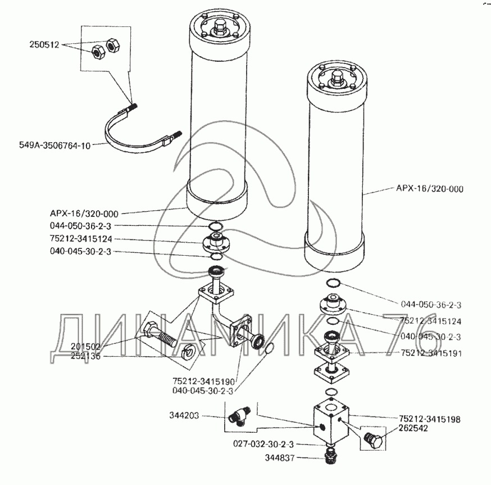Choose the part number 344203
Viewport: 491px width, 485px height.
pos(183,416)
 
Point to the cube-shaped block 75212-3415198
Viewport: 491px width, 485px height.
pos(331,424)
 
